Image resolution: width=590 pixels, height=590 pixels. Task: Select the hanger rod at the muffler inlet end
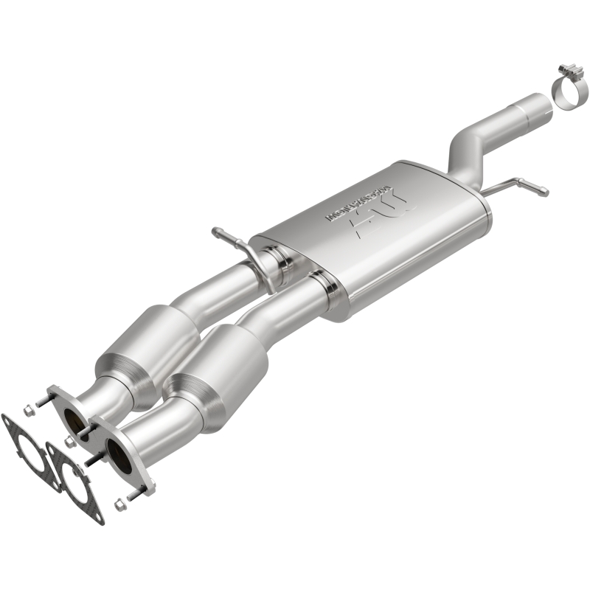coord(228,237)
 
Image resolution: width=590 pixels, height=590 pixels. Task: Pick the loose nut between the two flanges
coord(70,441)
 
